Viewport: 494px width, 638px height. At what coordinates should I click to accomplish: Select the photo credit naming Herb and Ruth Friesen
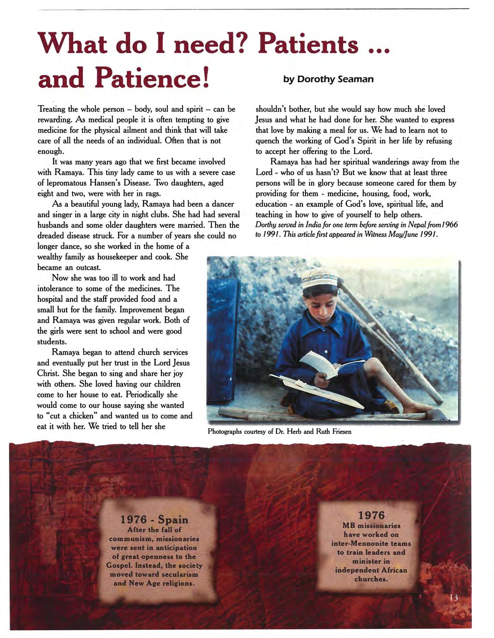[x=280, y=431]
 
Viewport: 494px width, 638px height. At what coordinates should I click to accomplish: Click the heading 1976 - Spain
[x=154, y=520]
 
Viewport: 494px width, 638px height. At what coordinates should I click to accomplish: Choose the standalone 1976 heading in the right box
[x=371, y=515]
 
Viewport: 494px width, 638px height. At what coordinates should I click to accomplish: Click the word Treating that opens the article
[x=51, y=109]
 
